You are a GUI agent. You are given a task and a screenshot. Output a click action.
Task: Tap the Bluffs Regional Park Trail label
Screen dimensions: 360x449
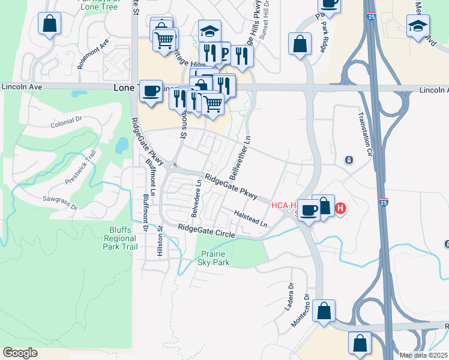tap(120, 238)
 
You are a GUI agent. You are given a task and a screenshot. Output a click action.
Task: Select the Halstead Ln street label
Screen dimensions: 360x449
tap(251, 218)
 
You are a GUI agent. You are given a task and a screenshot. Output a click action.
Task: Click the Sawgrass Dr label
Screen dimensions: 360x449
tap(60, 202)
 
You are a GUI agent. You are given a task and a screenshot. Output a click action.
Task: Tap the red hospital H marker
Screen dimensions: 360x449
tap(340, 209)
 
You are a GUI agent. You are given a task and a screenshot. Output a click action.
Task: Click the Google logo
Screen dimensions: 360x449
tap(20, 353)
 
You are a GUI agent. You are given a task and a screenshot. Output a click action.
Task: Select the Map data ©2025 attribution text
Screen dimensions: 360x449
tap(424, 355)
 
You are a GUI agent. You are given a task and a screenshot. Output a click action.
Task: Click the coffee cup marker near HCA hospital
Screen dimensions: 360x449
tap(309, 210)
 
